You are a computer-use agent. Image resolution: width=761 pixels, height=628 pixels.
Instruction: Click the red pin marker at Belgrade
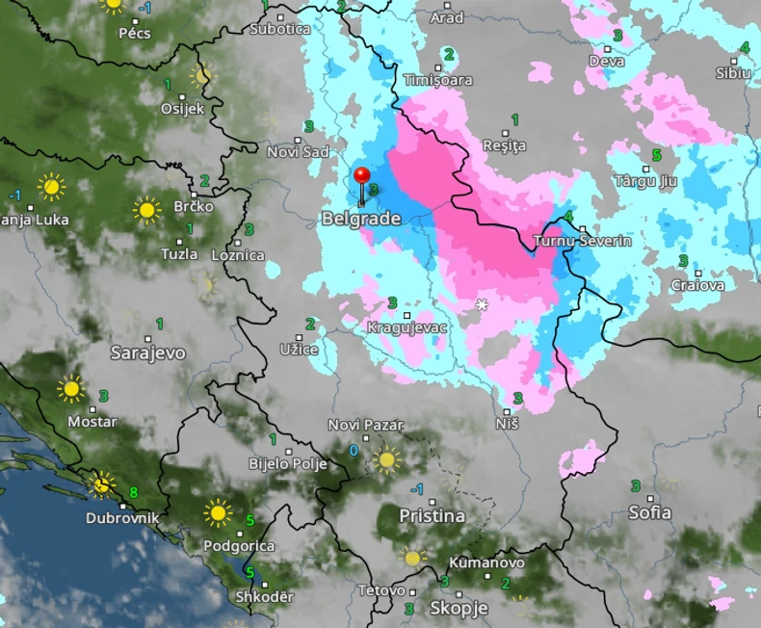pos(362,177)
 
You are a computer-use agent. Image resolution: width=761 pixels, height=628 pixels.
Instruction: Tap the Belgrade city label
pos(360,220)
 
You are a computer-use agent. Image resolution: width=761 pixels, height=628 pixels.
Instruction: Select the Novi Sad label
pos(298,152)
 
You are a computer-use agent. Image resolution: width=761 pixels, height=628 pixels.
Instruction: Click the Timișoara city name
pos(438,81)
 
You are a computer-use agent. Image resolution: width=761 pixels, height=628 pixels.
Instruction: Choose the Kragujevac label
pos(407,328)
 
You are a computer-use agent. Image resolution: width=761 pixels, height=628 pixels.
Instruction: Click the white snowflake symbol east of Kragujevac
pos(482,305)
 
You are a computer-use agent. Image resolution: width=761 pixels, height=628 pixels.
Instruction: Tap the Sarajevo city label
pos(147,353)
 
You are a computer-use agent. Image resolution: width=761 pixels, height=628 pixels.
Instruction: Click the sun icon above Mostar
pos(70,389)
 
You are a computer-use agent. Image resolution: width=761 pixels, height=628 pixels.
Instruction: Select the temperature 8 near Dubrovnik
pos(133,493)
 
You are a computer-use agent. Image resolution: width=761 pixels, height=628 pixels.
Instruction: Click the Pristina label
pos(432,516)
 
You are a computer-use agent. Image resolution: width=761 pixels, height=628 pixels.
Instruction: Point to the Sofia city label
pos(649,512)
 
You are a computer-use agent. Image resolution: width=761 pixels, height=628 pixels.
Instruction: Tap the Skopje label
pos(459,609)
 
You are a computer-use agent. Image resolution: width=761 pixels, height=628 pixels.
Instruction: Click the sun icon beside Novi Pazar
pos(387,459)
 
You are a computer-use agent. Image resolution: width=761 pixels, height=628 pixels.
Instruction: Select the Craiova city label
pos(696,285)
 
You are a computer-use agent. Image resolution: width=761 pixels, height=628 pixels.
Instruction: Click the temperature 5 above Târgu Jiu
pos(656,154)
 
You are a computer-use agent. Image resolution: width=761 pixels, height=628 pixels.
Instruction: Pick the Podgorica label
pos(239,546)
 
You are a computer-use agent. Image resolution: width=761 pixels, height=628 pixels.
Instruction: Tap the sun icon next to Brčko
pos(147,209)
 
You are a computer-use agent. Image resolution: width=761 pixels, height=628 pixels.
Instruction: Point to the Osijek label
pos(183,109)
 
